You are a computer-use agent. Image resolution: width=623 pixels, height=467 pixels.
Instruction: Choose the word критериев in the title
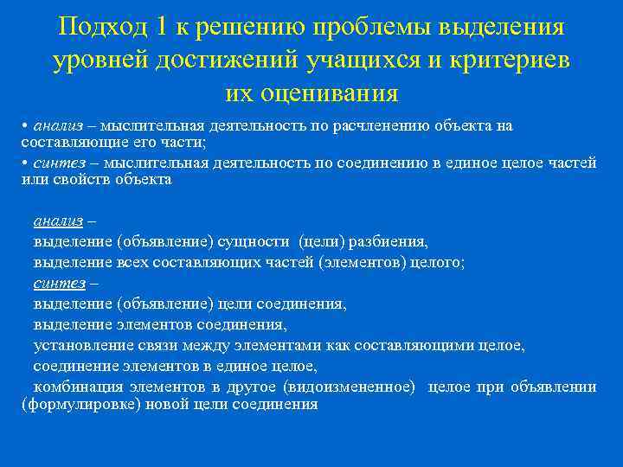coord(516,60)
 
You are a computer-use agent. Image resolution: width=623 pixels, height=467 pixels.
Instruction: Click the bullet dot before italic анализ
coord(25,126)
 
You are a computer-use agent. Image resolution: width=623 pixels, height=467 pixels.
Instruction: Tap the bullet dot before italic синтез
coord(25,163)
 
